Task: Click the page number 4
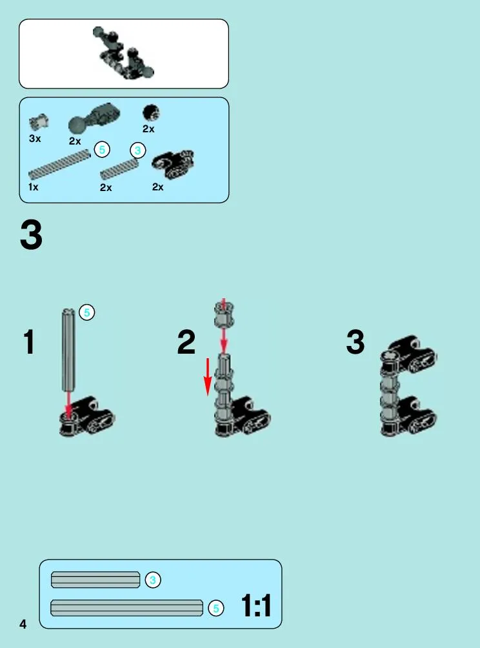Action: click(x=23, y=623)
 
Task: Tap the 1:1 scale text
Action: click(x=256, y=605)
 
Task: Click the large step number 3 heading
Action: click(x=31, y=235)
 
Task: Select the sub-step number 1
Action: click(x=28, y=342)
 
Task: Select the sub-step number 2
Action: click(x=186, y=342)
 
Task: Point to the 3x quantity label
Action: click(x=35, y=139)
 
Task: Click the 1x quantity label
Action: click(x=34, y=187)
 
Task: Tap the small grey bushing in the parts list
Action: click(x=39, y=122)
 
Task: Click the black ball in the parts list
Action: click(x=151, y=112)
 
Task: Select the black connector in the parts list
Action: click(x=173, y=163)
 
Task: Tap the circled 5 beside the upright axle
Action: click(x=86, y=312)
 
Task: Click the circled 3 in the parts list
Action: click(x=138, y=150)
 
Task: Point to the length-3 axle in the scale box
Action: click(x=95, y=580)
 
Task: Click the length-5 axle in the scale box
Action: click(x=127, y=608)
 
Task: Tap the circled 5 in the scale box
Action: click(x=215, y=609)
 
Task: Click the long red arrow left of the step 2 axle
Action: click(x=208, y=377)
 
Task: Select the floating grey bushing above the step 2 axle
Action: click(x=224, y=314)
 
